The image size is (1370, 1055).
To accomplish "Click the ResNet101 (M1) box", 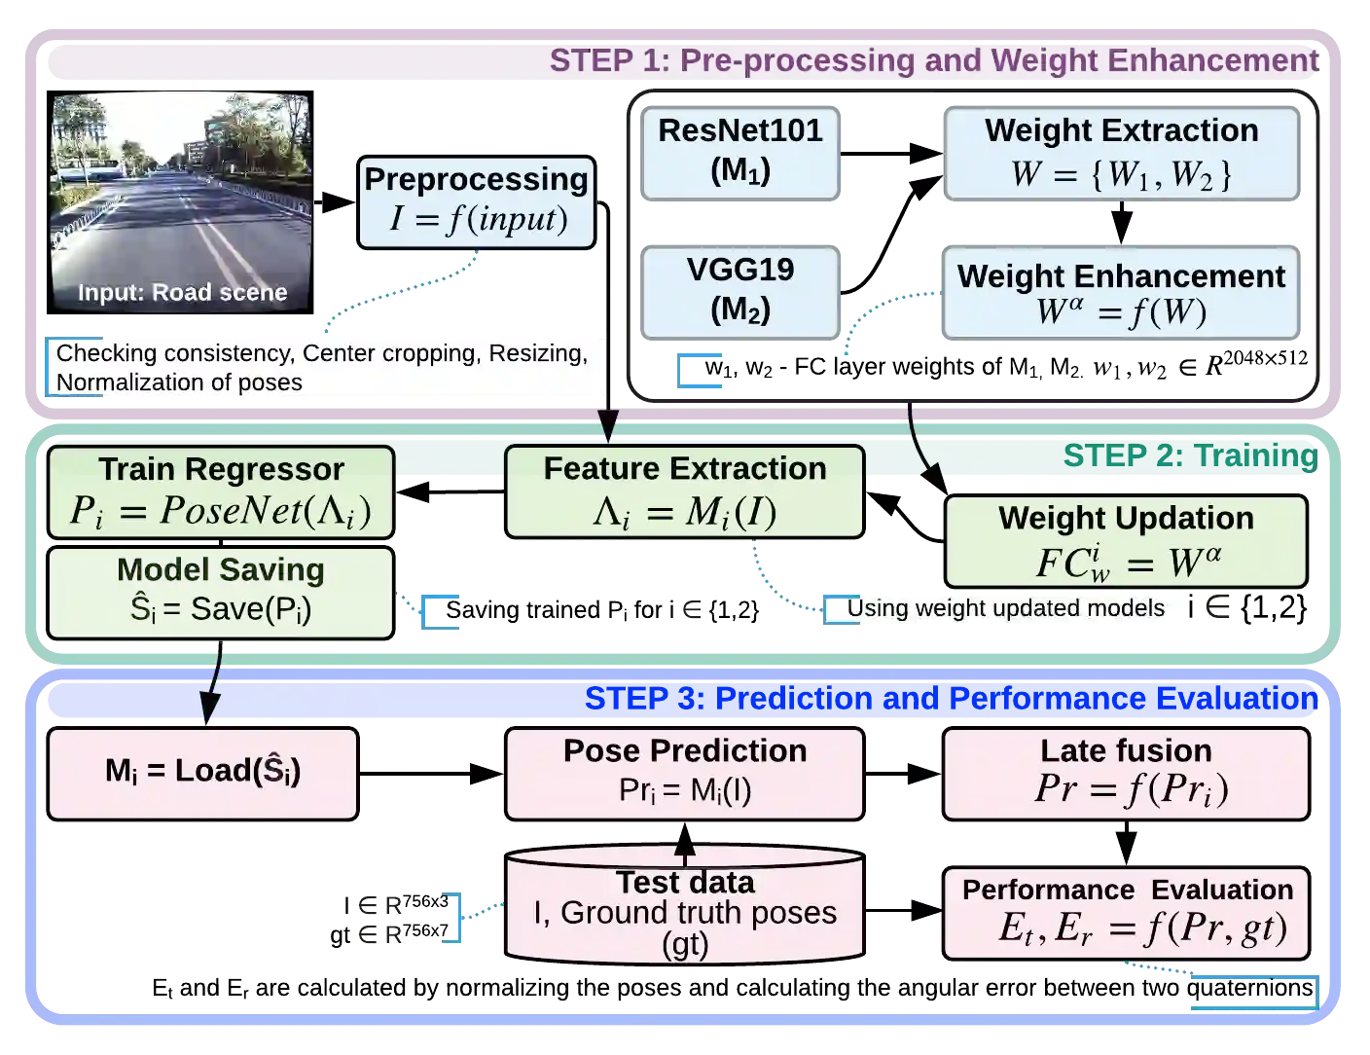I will pos(740,152).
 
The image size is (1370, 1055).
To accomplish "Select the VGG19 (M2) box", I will pos(740,291).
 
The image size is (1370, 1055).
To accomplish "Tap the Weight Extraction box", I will pos(1121,154).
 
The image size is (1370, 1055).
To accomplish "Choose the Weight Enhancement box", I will pos(1121,293).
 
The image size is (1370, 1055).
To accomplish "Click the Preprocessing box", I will pos(476,201).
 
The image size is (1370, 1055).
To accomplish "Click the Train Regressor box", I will pos(221,491).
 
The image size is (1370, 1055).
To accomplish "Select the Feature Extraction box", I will pos(684,491).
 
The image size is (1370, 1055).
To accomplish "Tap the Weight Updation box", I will pos(1126,541).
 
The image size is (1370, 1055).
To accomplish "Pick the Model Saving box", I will pos(221,592).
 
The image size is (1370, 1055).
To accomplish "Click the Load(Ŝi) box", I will pos(202,772).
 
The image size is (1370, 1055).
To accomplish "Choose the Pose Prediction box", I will pos(684,772).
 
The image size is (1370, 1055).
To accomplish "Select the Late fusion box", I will pos(1126,772).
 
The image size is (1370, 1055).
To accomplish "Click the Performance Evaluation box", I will pos(1127,912).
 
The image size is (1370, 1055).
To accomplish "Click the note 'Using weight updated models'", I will pos(1004,609).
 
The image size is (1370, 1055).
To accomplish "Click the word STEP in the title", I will pos(589,60).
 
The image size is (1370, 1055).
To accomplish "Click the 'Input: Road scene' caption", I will pos(182,293).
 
